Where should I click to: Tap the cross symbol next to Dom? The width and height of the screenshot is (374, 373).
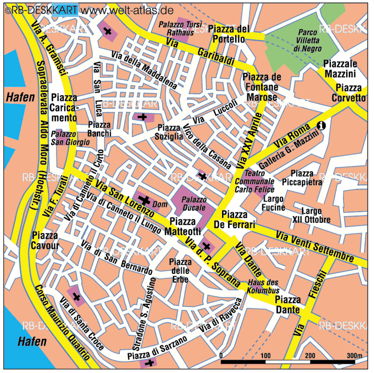(144, 200)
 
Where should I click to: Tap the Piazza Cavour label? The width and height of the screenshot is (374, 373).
(48, 240)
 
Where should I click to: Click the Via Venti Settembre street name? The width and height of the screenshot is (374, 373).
(315, 245)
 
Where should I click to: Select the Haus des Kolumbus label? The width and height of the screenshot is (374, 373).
(263, 286)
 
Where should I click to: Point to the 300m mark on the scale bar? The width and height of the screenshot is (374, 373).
(354, 356)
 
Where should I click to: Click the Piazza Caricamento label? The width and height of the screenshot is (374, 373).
(64, 107)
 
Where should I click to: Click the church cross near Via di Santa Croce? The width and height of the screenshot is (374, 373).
(77, 297)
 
